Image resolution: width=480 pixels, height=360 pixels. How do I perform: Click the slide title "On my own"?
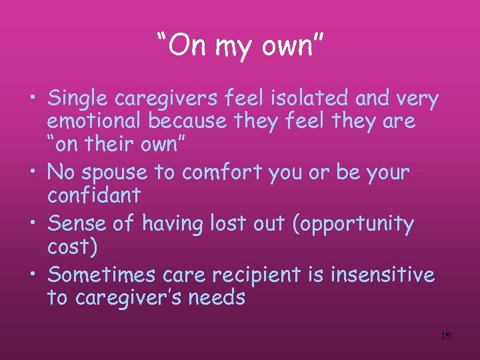(240, 45)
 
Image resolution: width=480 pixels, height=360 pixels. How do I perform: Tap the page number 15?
(446, 336)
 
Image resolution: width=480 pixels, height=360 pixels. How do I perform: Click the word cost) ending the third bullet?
(72, 247)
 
